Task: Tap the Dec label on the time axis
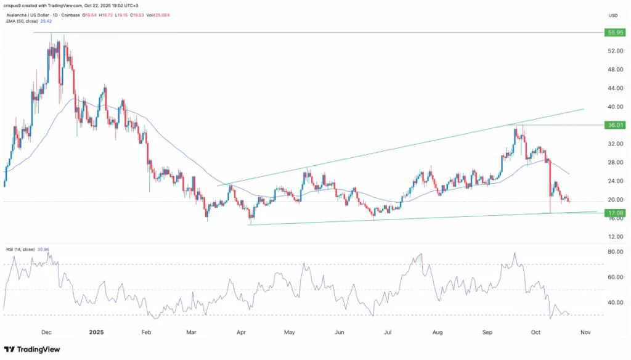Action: pyautogui.click(x=46, y=331)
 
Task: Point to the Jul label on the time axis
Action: pyautogui.click(x=388, y=331)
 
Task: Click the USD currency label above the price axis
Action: pyautogui.click(x=613, y=15)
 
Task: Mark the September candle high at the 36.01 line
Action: pyautogui.click(x=523, y=126)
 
